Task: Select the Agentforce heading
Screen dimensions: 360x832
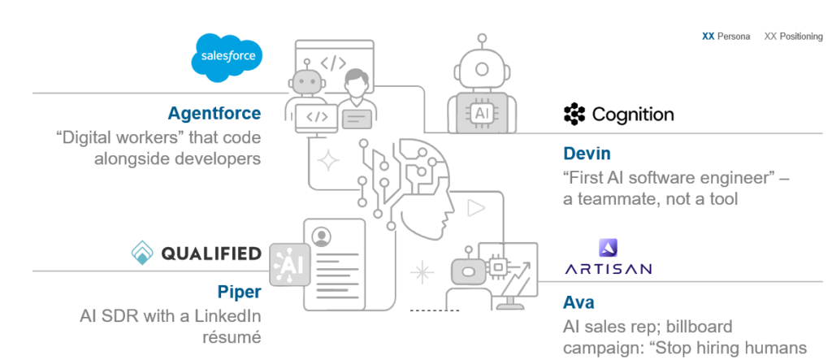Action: point(214,114)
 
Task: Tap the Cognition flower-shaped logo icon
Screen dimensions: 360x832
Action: point(574,115)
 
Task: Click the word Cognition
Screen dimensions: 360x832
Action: point(633,115)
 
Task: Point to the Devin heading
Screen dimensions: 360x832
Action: point(587,154)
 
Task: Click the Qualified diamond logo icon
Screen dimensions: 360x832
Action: point(142,254)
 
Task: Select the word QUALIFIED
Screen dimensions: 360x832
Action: point(211,254)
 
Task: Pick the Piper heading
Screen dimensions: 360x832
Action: point(239,292)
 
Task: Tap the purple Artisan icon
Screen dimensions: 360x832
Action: point(608,247)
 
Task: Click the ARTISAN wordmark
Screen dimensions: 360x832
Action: point(608,268)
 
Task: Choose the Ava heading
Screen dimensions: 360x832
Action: point(578,303)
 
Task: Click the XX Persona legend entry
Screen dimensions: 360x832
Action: point(726,37)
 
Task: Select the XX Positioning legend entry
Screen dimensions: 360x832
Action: point(794,37)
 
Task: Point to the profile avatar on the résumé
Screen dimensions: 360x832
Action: point(322,236)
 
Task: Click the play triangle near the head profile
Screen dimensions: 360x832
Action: point(475,208)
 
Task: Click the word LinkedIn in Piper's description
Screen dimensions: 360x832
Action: point(228,316)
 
